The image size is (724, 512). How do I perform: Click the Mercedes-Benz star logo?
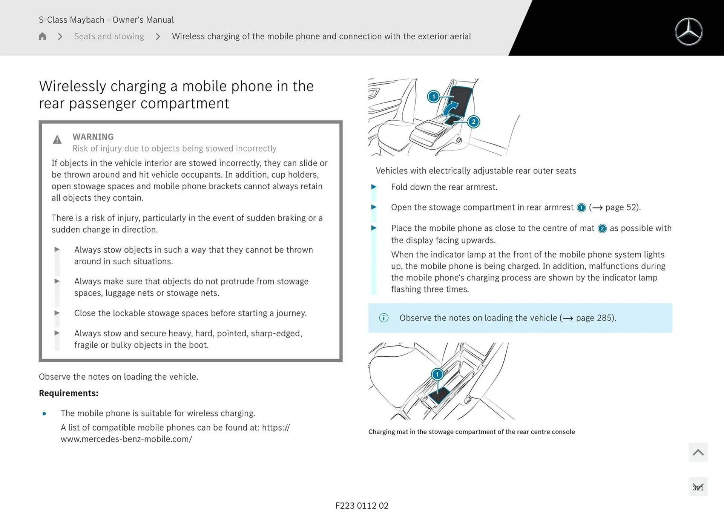(689, 32)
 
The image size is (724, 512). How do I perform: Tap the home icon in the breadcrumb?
(42, 36)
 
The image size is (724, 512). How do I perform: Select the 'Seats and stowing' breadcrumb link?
(109, 36)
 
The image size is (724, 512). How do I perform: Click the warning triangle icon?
(57, 140)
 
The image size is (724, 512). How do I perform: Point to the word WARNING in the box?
(93, 136)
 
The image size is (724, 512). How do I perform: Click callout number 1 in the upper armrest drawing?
(433, 97)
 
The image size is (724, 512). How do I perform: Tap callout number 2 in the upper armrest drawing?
(474, 122)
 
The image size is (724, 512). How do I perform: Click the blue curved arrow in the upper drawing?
(450, 109)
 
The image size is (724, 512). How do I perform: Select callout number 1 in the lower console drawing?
(437, 374)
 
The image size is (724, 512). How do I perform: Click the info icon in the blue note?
(383, 318)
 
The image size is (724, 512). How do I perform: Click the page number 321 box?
(698, 487)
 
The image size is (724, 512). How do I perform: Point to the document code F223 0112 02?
(362, 506)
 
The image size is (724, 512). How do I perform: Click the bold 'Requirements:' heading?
(69, 393)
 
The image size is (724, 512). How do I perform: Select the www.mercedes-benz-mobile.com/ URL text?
(126, 439)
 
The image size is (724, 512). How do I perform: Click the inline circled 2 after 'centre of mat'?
(602, 228)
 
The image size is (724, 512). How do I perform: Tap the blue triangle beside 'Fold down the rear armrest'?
(374, 187)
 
